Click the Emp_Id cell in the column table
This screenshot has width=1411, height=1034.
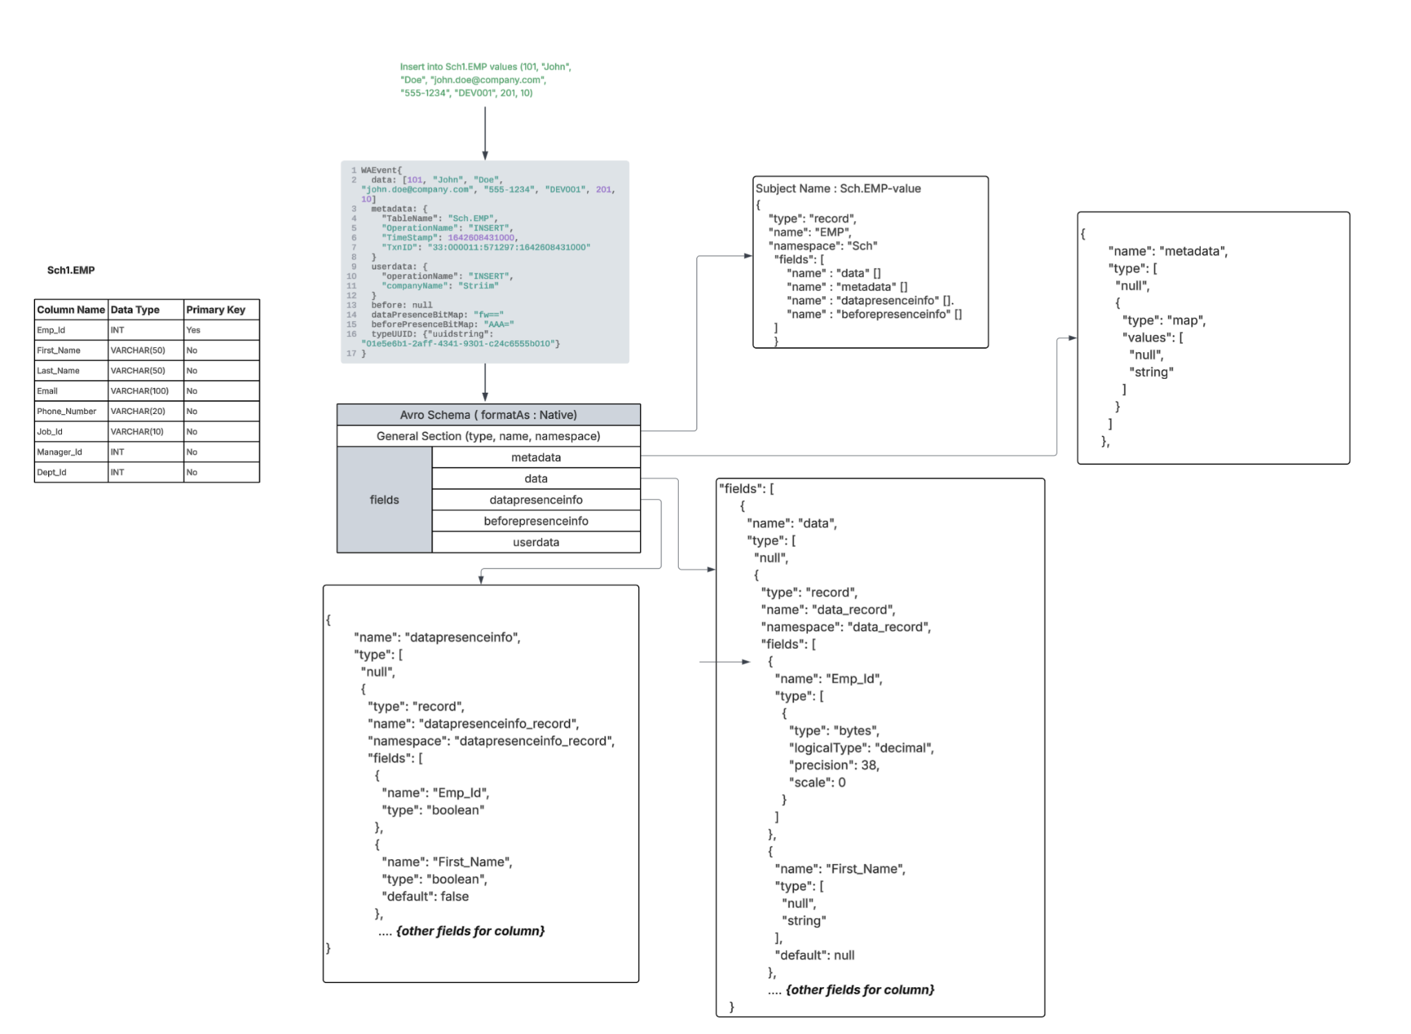52,330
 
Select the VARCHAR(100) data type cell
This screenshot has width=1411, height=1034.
139,391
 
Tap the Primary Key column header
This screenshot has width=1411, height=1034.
216,310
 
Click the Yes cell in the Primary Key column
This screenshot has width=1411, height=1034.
194,330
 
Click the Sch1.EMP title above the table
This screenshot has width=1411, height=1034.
71,270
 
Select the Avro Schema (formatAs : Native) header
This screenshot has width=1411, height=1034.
488,415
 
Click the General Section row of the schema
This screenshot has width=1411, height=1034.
488,436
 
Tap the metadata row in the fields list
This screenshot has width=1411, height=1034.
535,457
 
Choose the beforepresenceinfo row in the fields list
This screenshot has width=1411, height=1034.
535,521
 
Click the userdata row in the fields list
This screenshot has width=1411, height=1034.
535,542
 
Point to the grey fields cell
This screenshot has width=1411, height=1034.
384,499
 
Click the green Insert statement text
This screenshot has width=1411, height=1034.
485,80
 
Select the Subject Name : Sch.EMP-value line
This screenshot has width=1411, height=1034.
838,188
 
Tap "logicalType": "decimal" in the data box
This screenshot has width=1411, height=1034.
861,747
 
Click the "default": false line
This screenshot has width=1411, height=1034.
425,896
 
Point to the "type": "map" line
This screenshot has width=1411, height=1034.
1164,320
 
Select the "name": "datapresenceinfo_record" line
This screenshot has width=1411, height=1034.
473,723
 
